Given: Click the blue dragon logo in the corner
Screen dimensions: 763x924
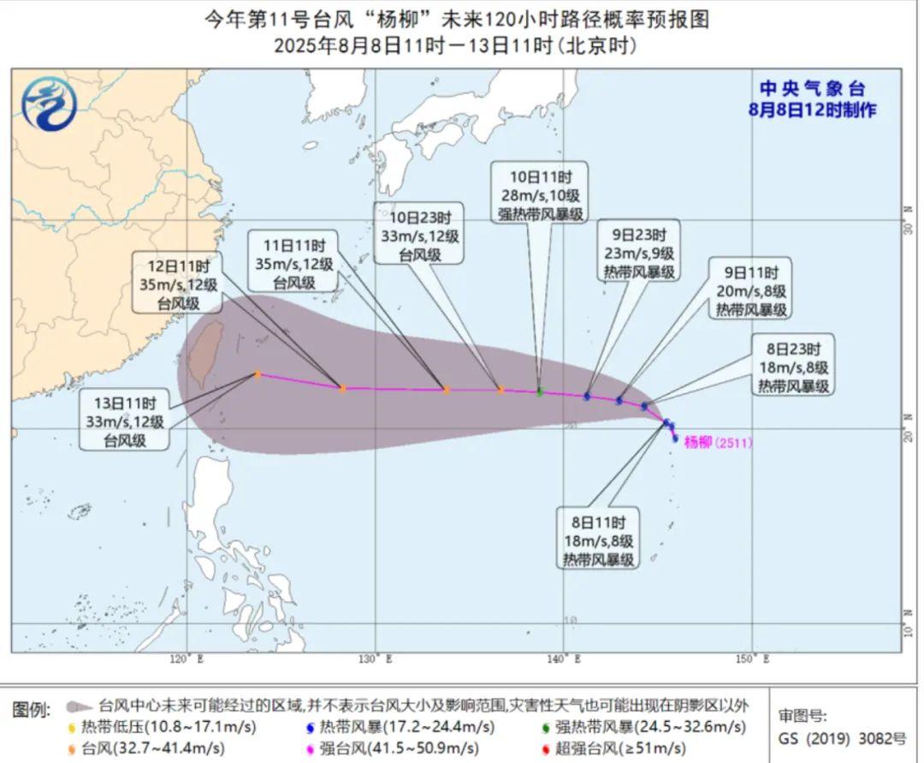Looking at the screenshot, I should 50,104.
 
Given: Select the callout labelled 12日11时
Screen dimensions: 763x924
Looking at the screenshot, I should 178,283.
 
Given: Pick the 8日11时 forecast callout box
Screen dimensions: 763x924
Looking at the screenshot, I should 599,540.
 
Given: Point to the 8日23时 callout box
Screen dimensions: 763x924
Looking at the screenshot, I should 793,367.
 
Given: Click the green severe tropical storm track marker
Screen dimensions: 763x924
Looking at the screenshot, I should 539,392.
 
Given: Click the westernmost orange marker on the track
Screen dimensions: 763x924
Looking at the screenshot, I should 257,374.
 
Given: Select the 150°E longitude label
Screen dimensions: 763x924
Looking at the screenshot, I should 754,659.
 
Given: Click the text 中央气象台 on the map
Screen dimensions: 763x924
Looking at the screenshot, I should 813,88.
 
